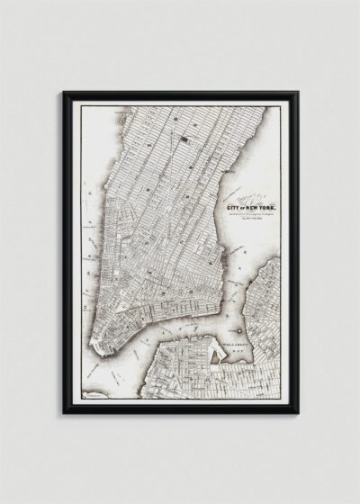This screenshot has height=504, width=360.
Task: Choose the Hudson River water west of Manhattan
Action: [90, 225]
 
